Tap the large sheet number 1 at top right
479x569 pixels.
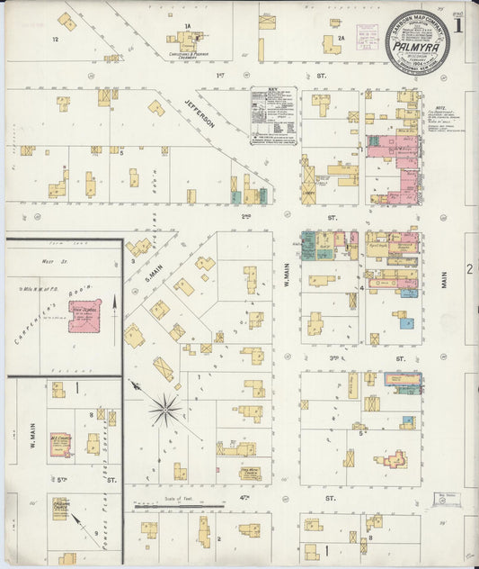[x=458, y=25]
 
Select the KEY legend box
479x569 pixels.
[x=273, y=114]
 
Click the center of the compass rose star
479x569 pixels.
[x=164, y=411]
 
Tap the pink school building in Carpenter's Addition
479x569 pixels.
[x=84, y=316]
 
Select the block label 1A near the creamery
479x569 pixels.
[x=189, y=27]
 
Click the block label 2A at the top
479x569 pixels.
[x=342, y=39]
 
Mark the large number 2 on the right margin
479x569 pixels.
[x=469, y=268]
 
